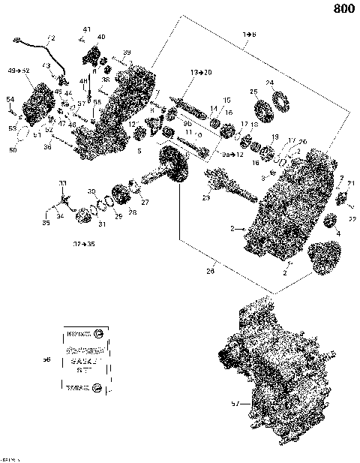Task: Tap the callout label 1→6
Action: (249, 35)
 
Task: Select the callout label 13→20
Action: (201, 71)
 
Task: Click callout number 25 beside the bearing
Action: (254, 92)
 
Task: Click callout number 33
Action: (63, 183)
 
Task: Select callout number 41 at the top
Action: (86, 29)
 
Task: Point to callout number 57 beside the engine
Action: (235, 404)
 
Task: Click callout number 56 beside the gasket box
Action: (46, 359)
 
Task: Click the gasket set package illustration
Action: (82, 359)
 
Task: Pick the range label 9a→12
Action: (234, 154)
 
